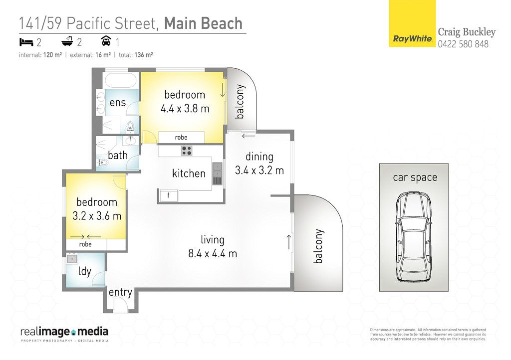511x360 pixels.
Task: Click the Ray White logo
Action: coord(412,23)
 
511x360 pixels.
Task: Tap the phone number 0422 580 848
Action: coord(463,44)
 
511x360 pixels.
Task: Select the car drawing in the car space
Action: coord(414,237)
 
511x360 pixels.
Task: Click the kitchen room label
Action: coord(189,173)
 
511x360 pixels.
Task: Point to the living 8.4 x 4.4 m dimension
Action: coord(213,253)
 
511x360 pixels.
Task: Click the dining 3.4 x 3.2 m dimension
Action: coord(259,170)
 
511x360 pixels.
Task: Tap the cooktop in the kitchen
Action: coord(187,151)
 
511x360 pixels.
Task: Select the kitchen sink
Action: coord(217,174)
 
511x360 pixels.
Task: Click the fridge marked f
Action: coord(169,195)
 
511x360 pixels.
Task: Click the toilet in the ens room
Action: coord(130,127)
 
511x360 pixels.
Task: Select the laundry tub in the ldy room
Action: coord(72,259)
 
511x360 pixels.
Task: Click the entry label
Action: coord(120,292)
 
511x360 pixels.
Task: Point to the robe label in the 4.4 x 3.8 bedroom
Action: coord(181,137)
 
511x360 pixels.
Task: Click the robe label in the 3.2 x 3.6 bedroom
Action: coord(85,244)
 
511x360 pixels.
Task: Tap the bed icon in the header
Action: coord(26,42)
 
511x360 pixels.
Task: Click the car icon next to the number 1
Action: coord(106,41)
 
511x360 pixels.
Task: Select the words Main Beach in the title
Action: coord(204,23)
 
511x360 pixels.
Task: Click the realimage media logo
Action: coord(64,334)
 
